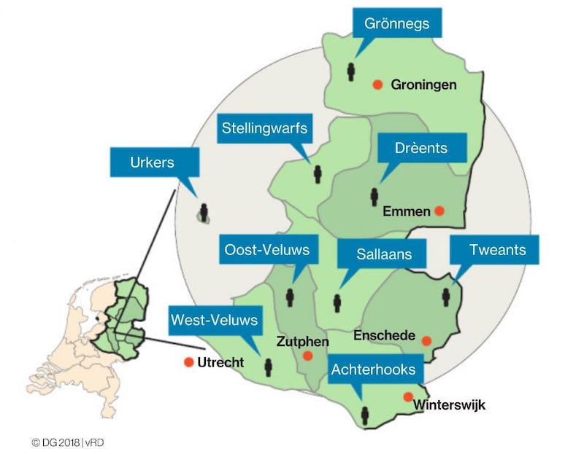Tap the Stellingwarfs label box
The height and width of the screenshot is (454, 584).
tap(264, 129)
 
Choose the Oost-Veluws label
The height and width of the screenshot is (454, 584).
tap(266, 250)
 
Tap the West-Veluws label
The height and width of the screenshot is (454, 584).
tap(214, 319)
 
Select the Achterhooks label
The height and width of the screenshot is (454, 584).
tap(373, 369)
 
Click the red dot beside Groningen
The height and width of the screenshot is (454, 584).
tap(377, 85)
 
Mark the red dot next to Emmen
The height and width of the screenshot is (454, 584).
tap(439, 211)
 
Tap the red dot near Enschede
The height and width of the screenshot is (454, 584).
tap(426, 340)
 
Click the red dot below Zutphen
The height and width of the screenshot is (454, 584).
tap(307, 356)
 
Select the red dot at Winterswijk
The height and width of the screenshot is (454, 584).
tap(407, 396)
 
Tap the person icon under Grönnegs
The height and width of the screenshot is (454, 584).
tap(351, 72)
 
